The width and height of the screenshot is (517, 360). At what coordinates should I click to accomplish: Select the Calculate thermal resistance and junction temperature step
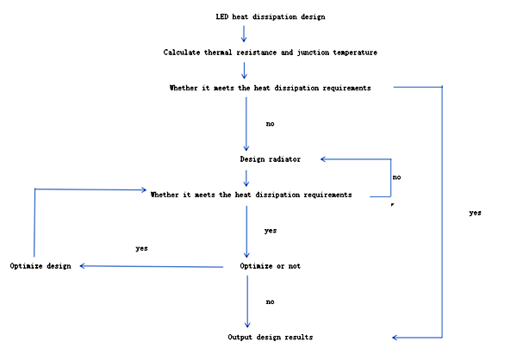(x=271, y=53)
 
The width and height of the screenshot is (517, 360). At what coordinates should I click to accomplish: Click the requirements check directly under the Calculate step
(x=271, y=88)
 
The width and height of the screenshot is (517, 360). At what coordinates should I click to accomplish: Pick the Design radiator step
(x=271, y=159)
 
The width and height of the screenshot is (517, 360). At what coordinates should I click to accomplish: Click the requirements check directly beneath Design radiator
(x=251, y=195)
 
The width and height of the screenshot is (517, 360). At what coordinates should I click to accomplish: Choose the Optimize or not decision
(x=271, y=266)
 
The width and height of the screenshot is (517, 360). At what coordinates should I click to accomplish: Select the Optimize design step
(x=40, y=266)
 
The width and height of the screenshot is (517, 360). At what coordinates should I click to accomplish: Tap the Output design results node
(x=271, y=337)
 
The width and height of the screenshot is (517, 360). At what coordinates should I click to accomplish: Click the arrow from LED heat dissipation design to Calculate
(x=245, y=34)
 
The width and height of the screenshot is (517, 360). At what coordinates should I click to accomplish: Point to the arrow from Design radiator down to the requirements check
(x=246, y=177)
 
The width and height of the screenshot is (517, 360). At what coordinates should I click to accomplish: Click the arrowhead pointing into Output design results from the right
(x=396, y=337)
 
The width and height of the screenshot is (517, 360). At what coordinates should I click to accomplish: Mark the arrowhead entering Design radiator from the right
(x=324, y=159)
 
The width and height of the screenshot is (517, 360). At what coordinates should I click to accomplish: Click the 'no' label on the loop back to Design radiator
(x=396, y=177)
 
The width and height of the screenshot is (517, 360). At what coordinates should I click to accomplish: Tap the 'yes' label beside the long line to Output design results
(x=475, y=213)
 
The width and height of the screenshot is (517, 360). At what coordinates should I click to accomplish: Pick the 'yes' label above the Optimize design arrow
(x=142, y=248)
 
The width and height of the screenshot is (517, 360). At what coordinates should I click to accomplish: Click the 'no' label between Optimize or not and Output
(x=271, y=302)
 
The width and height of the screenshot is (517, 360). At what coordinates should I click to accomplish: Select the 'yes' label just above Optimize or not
(x=271, y=231)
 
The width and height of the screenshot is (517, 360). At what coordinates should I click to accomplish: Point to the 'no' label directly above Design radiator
(x=271, y=124)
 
